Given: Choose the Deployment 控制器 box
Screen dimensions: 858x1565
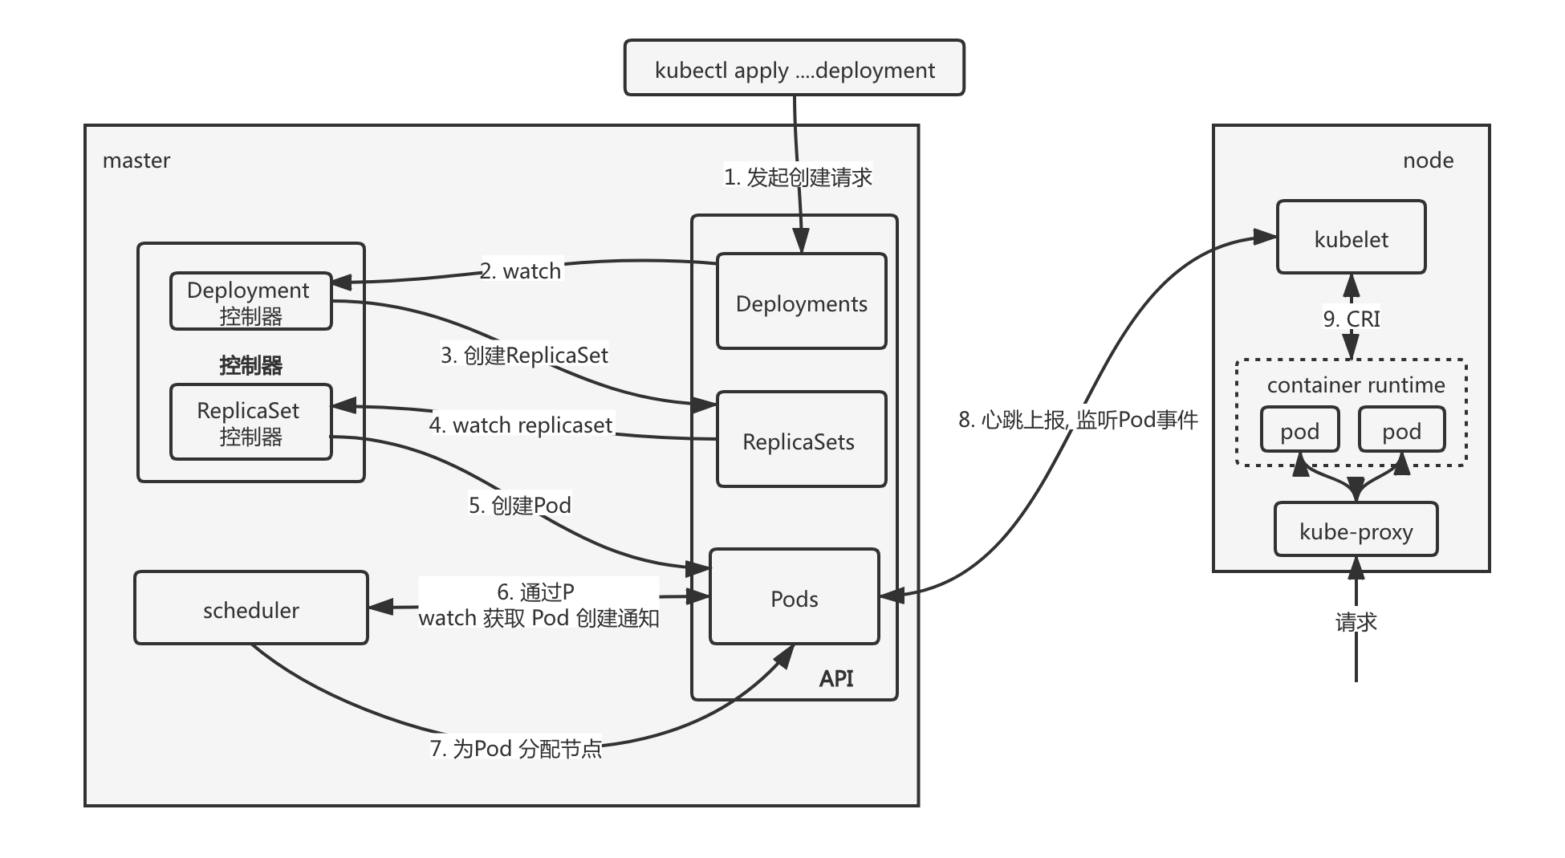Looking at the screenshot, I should pyautogui.click(x=250, y=302).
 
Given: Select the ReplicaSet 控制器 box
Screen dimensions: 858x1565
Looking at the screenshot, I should pyautogui.click(x=250, y=422).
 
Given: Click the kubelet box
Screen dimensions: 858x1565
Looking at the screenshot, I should pyautogui.click(x=1351, y=238).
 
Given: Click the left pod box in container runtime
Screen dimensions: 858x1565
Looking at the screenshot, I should pyautogui.click(x=1299, y=430).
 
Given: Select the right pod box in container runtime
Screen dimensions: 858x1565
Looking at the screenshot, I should pyautogui.click(x=1401, y=430).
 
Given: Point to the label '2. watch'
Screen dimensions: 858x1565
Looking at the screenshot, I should pyautogui.click(x=521, y=270).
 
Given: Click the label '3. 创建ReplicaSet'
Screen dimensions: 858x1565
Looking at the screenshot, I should pyautogui.click(x=524, y=355).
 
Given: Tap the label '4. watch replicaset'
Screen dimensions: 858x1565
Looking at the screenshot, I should pyautogui.click(x=521, y=425).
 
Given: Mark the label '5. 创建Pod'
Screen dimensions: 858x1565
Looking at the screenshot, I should pyautogui.click(x=520, y=505).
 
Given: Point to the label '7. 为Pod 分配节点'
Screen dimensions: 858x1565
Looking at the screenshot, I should pyautogui.click(x=515, y=748).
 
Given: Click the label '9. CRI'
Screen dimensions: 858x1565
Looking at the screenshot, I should pyautogui.click(x=1352, y=319).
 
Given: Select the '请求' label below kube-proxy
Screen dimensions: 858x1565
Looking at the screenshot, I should pyautogui.click(x=1356, y=621).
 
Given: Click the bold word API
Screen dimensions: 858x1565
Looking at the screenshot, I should pyautogui.click(x=835, y=678).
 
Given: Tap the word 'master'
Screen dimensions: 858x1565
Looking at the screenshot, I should pyautogui.click(x=136, y=160).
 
